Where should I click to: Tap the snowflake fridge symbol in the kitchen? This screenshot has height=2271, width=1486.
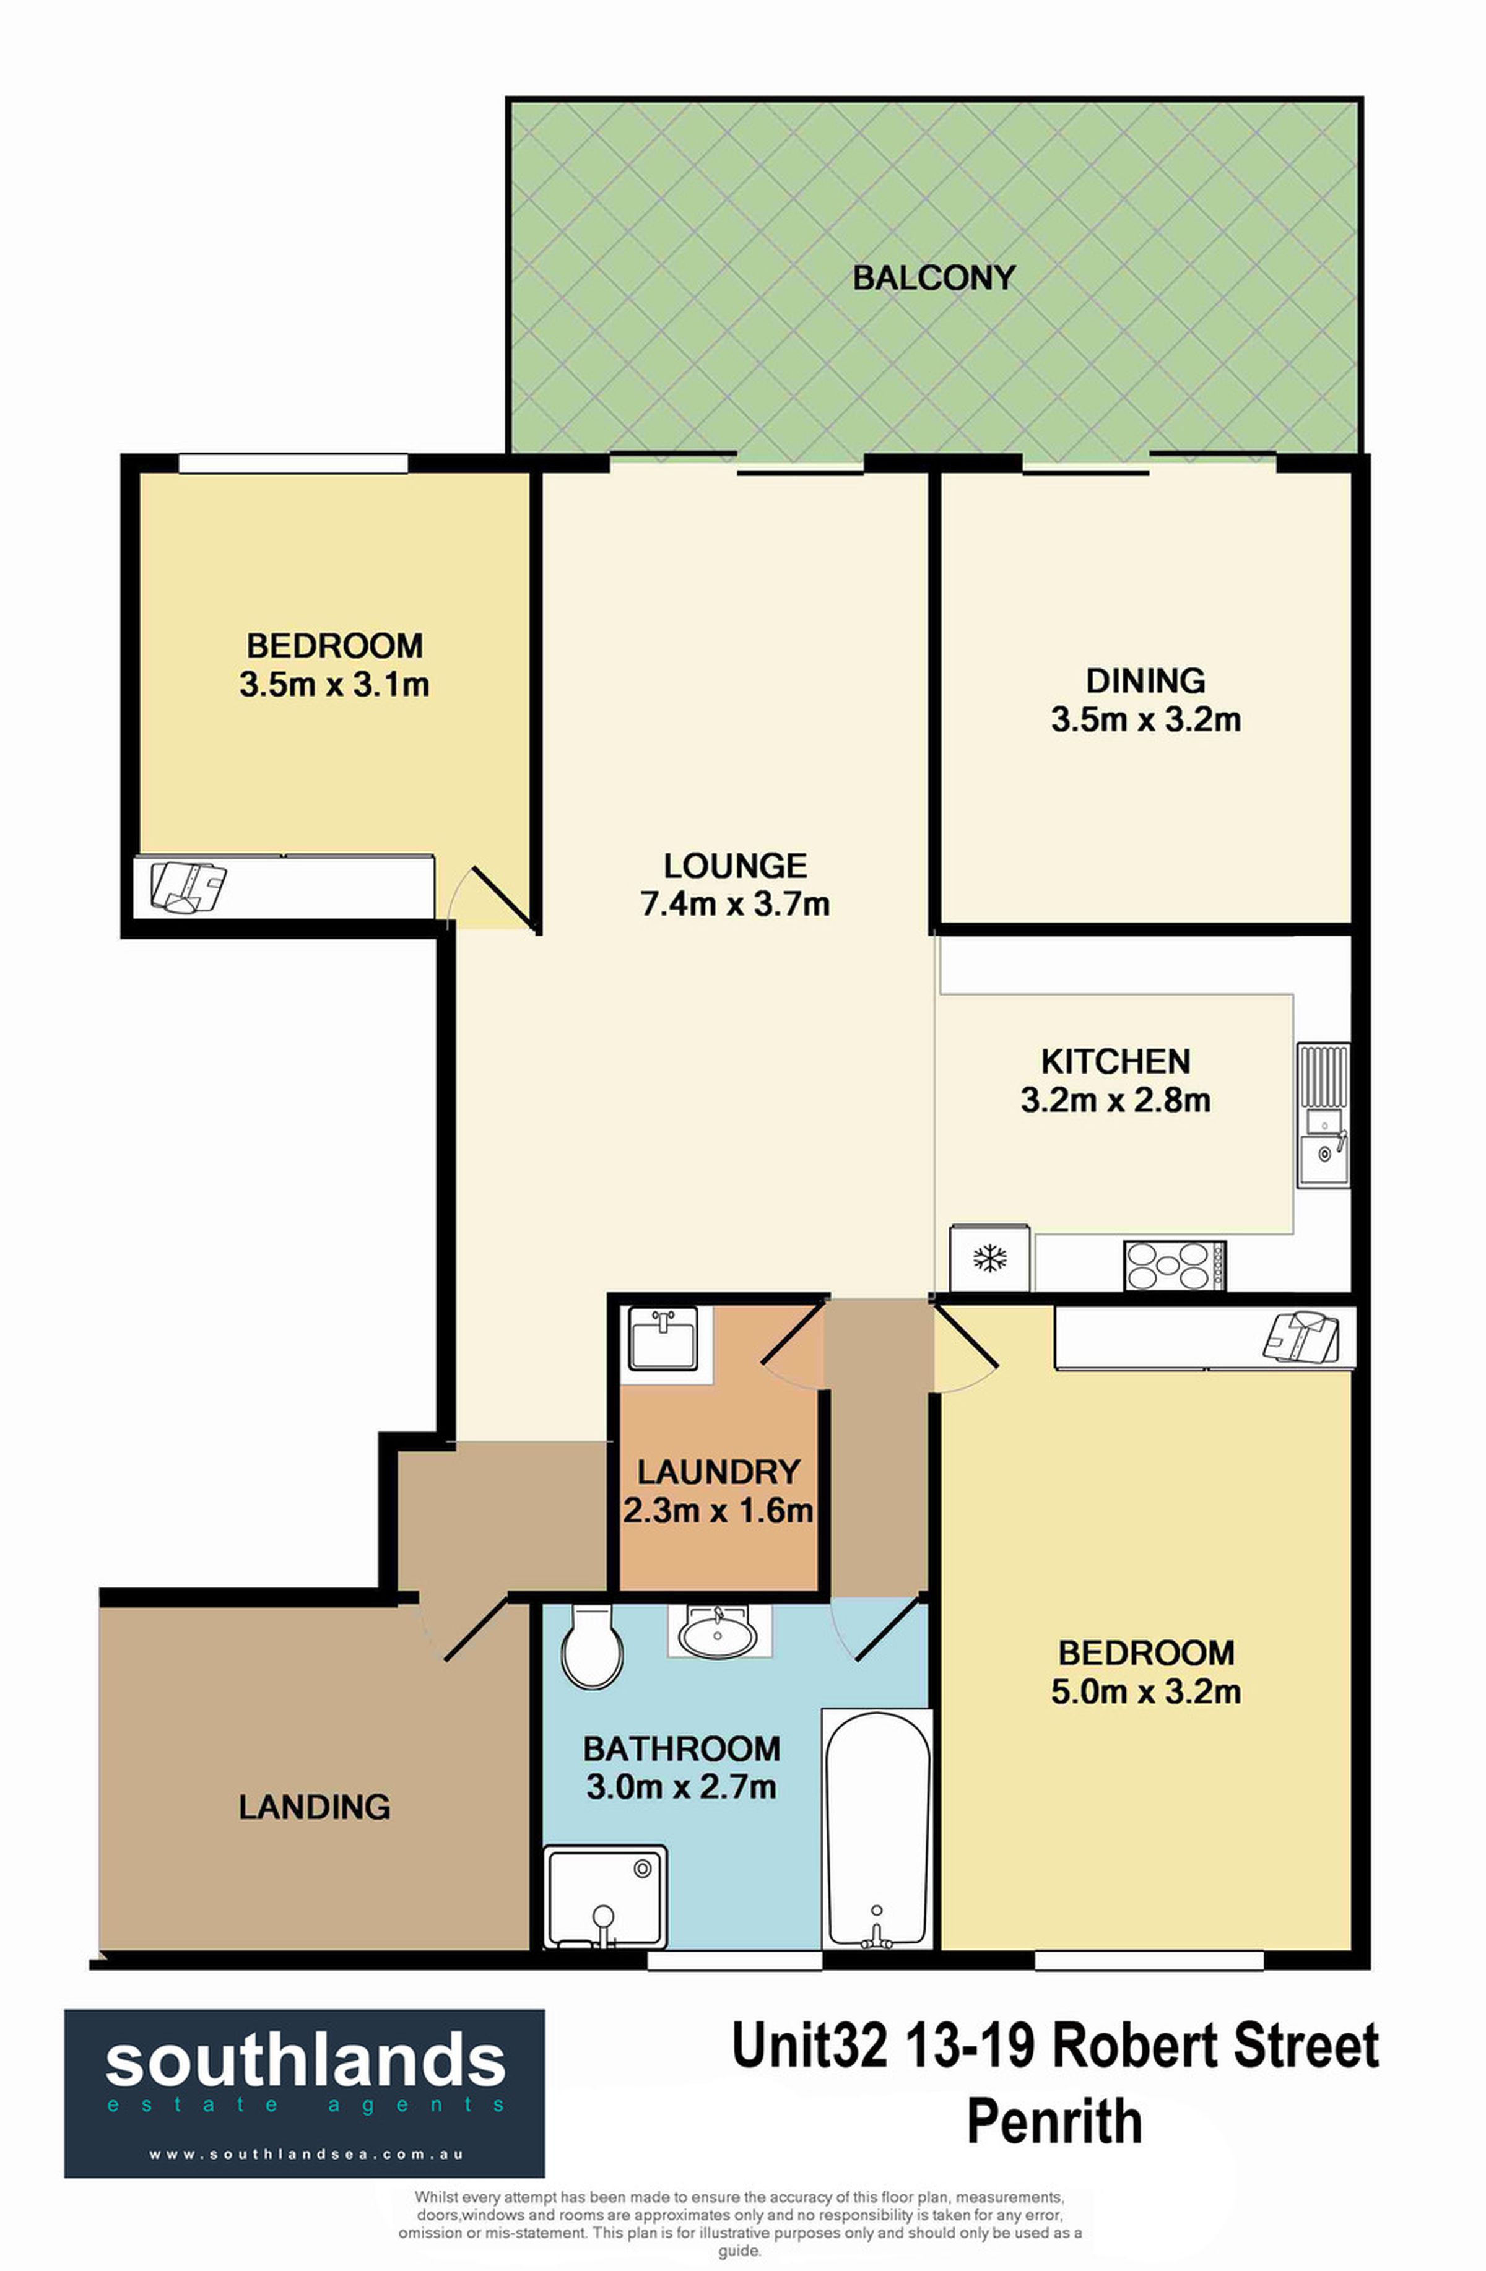pos(989,1259)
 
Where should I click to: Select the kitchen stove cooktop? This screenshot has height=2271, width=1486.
pos(1175,1266)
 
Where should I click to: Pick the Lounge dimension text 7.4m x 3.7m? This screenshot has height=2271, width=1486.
pos(735,903)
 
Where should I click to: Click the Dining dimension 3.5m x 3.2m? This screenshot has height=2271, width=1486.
pos(1146,719)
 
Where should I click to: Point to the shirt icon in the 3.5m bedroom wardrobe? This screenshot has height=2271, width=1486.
pos(188,887)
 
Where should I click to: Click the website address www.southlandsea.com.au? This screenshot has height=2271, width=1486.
pos(305,2153)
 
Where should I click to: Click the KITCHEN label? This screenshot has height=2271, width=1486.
pos(1116,1061)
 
